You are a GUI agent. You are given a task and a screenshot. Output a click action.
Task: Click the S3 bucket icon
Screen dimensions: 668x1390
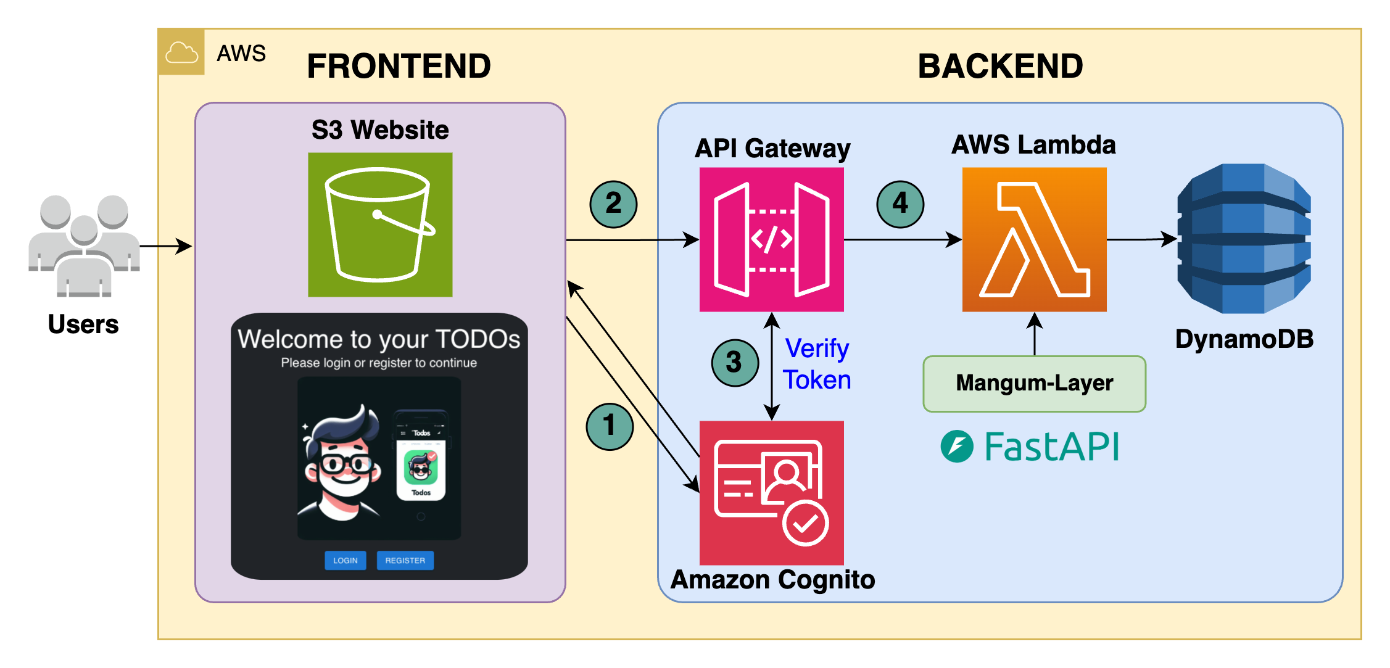coord(380,225)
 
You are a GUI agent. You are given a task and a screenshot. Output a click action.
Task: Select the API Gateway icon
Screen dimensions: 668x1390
coord(771,239)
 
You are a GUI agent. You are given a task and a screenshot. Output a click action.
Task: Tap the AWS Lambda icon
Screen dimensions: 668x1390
coord(1034,239)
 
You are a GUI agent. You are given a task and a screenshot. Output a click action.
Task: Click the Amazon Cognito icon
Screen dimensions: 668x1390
coord(771,492)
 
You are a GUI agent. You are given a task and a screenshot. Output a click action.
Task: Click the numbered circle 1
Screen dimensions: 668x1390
coord(610,426)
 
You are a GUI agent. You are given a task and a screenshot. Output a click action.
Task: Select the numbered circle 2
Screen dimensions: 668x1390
coord(613,204)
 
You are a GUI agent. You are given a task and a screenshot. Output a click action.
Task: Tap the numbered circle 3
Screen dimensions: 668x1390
coord(734,363)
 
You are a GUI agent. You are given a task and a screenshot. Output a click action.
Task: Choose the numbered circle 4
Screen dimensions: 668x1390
coord(900,204)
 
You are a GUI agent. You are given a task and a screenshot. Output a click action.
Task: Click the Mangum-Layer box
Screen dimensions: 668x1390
coord(1034,384)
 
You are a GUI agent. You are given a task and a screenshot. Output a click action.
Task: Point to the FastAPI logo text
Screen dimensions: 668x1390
coord(1051,447)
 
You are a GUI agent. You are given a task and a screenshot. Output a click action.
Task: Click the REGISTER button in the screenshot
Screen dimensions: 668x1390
coord(405,560)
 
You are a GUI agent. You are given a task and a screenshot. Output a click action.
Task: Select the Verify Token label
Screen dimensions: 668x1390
coord(817,364)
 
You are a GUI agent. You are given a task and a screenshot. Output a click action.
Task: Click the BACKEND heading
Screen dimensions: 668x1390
coord(1000,66)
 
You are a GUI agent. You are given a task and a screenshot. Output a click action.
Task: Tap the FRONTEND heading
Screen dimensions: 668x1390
coord(399,66)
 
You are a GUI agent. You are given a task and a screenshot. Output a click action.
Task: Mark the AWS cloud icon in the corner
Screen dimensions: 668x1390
coord(181,52)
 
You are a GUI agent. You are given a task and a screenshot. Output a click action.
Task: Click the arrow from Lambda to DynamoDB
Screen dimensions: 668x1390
coord(1141,239)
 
